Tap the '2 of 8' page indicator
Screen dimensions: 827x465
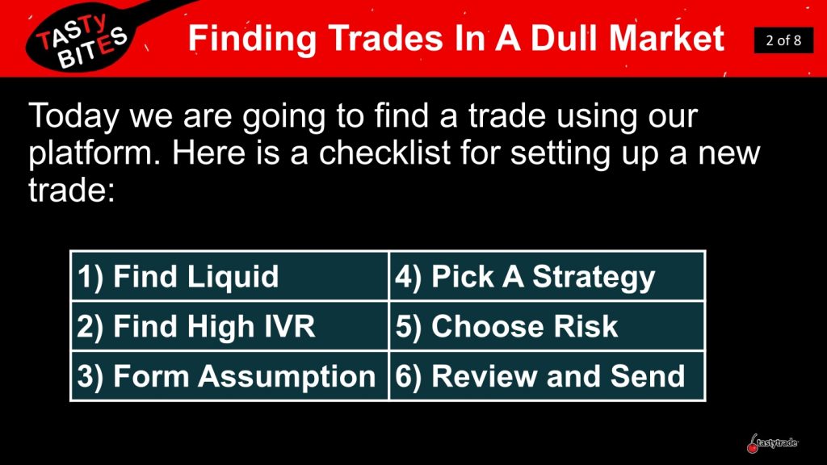[x=783, y=40]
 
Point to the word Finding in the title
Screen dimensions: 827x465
[x=253, y=39]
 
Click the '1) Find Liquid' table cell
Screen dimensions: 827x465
[x=229, y=276]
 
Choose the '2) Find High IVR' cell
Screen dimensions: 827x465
[x=229, y=325]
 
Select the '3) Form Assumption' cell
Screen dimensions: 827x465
[x=229, y=375]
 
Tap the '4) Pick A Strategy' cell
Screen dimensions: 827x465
[x=547, y=276]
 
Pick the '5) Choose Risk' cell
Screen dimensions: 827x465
[x=547, y=325]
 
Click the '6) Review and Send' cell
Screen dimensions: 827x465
[x=547, y=375]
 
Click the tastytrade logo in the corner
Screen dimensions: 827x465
[x=772, y=443]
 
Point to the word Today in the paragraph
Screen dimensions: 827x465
[x=73, y=116]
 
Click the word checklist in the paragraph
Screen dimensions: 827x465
[x=385, y=153]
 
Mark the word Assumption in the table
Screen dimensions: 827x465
[x=287, y=376]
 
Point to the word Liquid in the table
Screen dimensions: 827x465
[x=233, y=277]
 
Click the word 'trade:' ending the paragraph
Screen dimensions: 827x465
[x=71, y=190]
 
